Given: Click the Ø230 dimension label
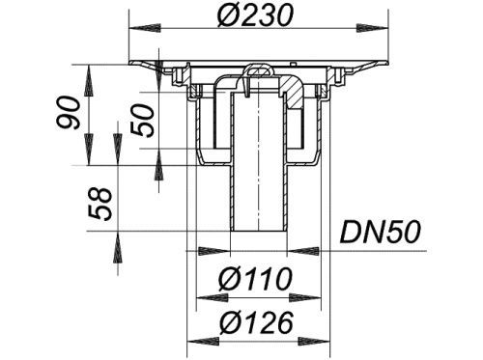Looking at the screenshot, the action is (x=255, y=15).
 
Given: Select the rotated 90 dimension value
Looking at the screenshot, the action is (x=68, y=113).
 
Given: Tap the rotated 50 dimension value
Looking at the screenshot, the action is (x=143, y=121).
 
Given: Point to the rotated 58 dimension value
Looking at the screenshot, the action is (x=99, y=204).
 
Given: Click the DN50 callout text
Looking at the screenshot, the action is (x=381, y=232).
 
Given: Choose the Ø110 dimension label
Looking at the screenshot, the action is (x=255, y=279).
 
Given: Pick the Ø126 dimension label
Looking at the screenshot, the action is (x=256, y=322).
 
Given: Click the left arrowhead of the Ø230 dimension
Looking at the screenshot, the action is (x=145, y=28).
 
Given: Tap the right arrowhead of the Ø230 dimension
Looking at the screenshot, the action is (x=372, y=28).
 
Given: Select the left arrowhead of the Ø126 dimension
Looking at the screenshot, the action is (x=203, y=341).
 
